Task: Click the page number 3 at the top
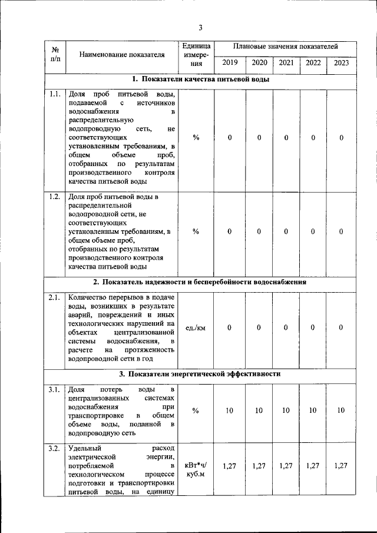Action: pyautogui.click(x=200, y=28)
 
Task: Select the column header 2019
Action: pyautogui.click(x=230, y=62)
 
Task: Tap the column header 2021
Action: pyautogui.click(x=286, y=62)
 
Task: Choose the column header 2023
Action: pyautogui.click(x=341, y=62)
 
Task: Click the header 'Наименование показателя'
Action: pyautogui.click(x=123, y=55)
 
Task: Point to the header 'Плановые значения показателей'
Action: pyautogui.click(x=285, y=46)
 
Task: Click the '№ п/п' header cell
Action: pyautogui.click(x=55, y=55)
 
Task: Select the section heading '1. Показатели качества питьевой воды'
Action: pyautogui.click(x=200, y=80)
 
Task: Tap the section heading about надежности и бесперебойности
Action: pyautogui.click(x=200, y=282)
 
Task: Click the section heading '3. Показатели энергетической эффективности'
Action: pyautogui.click(x=200, y=373)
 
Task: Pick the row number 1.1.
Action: pyautogui.click(x=55, y=94)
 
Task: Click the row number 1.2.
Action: pyautogui.click(x=55, y=196)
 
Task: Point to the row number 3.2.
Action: pyautogui.click(x=55, y=450)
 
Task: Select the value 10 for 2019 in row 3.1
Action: pyautogui.click(x=230, y=410)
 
